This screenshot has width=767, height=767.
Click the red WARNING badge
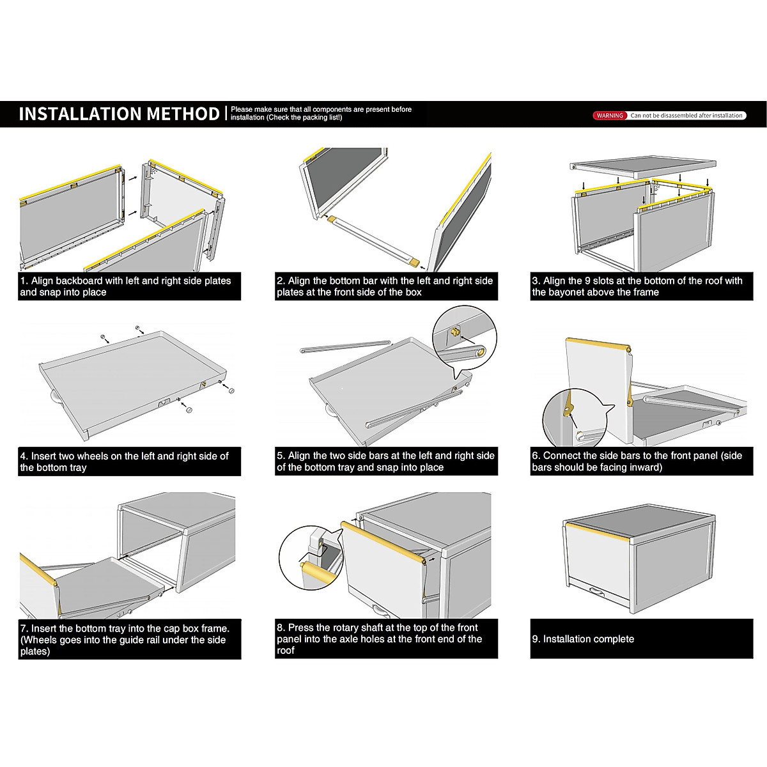pyautogui.click(x=610, y=116)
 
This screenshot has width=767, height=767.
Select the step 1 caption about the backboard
pyautogui.click(x=129, y=286)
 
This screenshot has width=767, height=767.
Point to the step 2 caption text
pyautogui.click(x=386, y=286)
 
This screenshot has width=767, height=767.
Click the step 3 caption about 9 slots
pyautogui.click(x=641, y=286)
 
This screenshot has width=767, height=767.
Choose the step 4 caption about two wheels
pyautogui.click(x=129, y=461)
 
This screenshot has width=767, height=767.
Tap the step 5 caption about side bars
pyautogui.click(x=386, y=461)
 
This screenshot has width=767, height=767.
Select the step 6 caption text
pyautogui.click(x=641, y=461)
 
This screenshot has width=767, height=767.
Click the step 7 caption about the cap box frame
pyautogui.click(x=129, y=640)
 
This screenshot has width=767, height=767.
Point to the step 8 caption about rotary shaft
pyautogui.click(x=386, y=639)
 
